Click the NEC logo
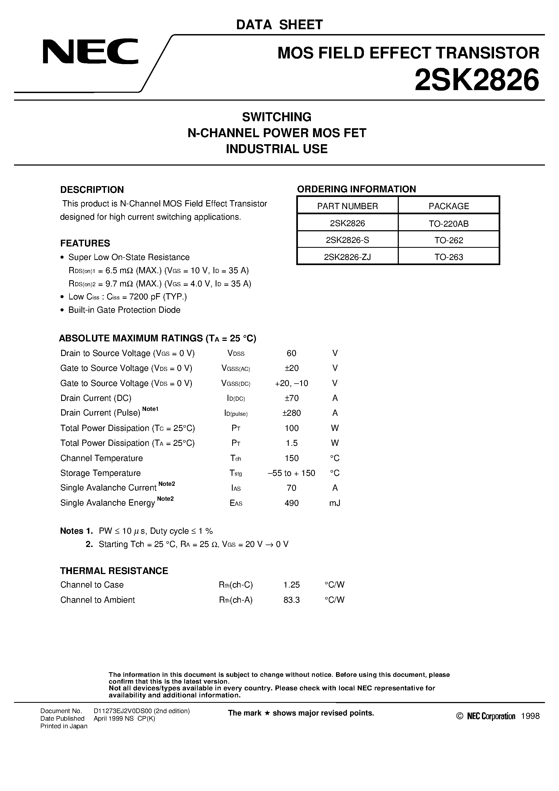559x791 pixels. click(x=90, y=52)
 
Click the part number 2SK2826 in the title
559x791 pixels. click(x=477, y=80)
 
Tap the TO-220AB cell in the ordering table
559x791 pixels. click(x=448, y=224)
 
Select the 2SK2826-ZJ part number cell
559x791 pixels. click(x=347, y=257)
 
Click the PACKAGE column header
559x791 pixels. click(x=448, y=206)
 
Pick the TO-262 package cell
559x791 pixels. click(x=448, y=240)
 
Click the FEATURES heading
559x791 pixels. click(x=85, y=243)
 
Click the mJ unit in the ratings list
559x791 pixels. click(x=335, y=503)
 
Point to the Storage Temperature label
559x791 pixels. click(x=100, y=473)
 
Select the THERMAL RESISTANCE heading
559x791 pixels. click(x=114, y=571)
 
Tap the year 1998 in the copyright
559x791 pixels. click(x=530, y=716)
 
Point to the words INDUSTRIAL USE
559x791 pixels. click(x=277, y=149)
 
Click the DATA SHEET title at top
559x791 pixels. click(x=279, y=25)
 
